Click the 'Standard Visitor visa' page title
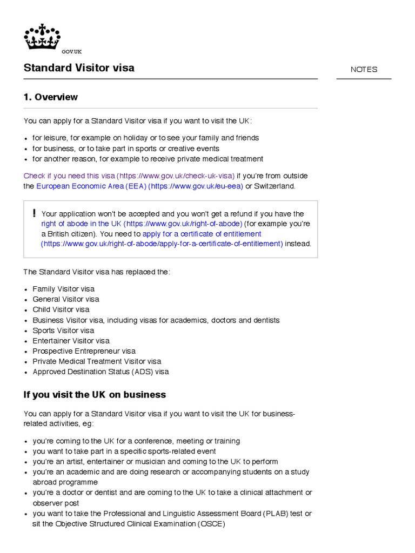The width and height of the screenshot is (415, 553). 79,68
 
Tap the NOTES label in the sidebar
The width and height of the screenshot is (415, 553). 364,70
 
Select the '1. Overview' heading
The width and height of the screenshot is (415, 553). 51,97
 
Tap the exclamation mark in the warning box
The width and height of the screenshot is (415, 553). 34,213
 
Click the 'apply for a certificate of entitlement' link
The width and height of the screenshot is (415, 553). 202,234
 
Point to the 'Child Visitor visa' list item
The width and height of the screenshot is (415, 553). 61,309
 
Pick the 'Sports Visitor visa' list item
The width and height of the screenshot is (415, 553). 63,331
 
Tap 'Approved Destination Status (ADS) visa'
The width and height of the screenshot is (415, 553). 101,372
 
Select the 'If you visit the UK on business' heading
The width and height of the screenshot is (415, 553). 95,395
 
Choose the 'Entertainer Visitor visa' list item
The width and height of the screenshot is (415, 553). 71,341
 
